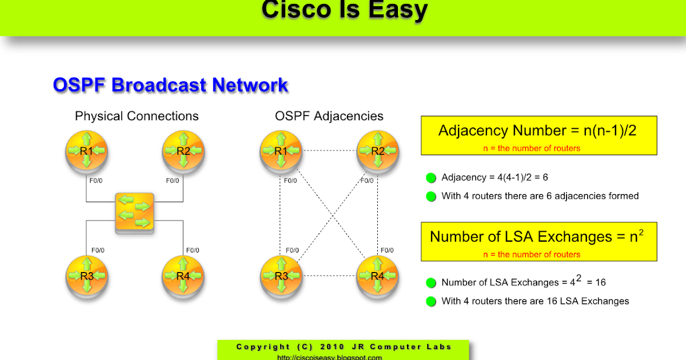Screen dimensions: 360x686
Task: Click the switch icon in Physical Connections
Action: tap(134, 213)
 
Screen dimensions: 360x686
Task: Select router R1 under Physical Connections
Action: tap(86, 151)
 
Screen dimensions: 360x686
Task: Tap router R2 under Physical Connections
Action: tap(183, 151)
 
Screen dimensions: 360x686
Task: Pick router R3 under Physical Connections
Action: tap(86, 276)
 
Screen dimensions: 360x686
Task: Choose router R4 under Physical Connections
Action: tap(183, 276)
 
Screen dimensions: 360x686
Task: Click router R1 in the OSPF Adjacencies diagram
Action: tap(281, 151)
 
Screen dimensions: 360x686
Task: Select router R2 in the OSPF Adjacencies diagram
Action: tap(378, 151)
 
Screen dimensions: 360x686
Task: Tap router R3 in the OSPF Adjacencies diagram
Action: tap(281, 276)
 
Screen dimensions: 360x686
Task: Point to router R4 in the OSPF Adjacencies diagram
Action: tap(378, 276)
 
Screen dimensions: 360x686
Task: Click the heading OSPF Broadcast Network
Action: tap(170, 85)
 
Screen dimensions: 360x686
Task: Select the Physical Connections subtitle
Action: tap(137, 116)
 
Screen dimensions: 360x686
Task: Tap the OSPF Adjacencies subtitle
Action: tap(329, 116)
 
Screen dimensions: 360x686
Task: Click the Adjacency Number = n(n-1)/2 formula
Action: tap(537, 130)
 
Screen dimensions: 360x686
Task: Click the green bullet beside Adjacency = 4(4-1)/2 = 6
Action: tap(431, 178)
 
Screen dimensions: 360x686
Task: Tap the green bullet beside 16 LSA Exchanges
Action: tap(431, 301)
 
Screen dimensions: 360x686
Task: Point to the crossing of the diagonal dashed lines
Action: tap(329, 214)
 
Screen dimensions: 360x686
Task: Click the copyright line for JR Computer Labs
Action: tap(344, 347)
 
